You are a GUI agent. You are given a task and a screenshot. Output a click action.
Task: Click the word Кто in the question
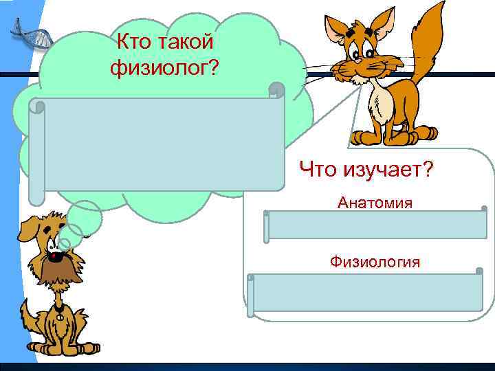coord(134,43)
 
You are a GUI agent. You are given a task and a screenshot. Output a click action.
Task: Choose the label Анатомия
coord(375,203)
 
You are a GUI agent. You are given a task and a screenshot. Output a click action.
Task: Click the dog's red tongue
coord(53,259)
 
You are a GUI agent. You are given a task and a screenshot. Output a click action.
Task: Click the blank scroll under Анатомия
coord(377,225)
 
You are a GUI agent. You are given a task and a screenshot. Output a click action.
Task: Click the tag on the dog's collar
coord(60,318)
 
